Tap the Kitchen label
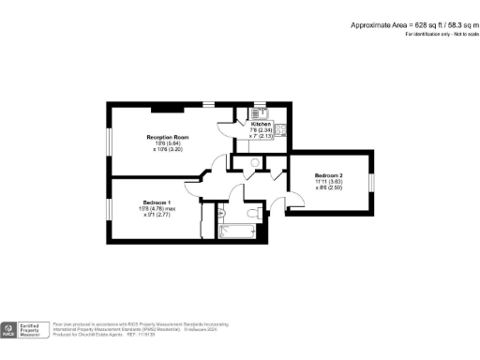[x=261, y=123]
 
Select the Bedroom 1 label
[x=157, y=202]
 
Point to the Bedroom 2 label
[x=329, y=175]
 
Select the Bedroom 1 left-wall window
[x=109, y=208]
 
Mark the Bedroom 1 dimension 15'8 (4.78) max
[x=157, y=209]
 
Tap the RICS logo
[x=8, y=329]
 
